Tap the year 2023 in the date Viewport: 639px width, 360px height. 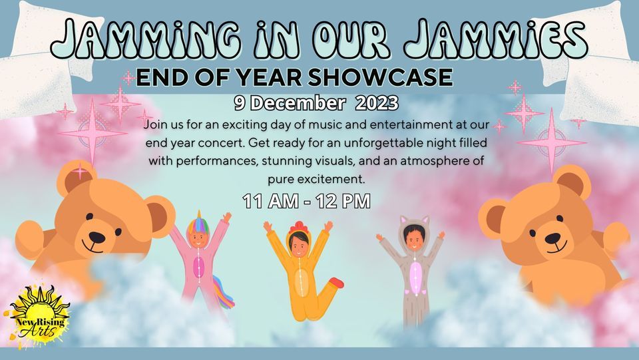pyautogui.click(x=377, y=103)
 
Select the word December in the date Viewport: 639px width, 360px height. pyautogui.click(x=298, y=103)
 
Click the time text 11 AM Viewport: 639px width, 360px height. pyautogui.click(x=270, y=201)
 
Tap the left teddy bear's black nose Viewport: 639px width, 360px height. pyautogui.click(x=97, y=238)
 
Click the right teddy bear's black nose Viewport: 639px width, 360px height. pyautogui.click(x=552, y=238)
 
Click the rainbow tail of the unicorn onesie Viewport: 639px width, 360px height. pyautogui.click(x=224, y=292)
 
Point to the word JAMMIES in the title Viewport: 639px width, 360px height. pyautogui.click(x=496, y=39)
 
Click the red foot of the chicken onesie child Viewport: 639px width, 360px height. pyautogui.click(x=336, y=282)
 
